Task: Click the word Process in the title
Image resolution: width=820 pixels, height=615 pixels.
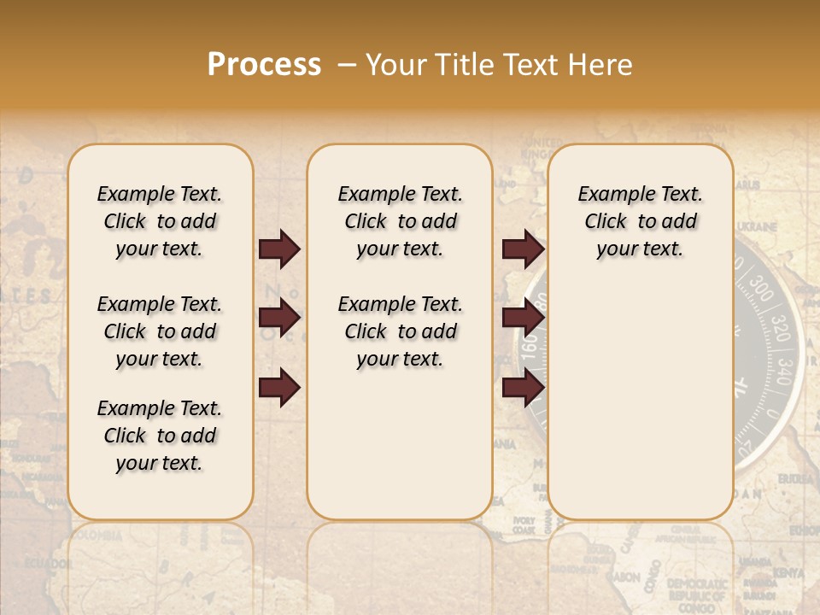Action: click(x=264, y=65)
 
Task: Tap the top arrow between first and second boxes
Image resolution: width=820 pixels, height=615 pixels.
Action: click(x=279, y=249)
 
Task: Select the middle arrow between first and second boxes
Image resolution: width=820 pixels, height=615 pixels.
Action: click(x=279, y=319)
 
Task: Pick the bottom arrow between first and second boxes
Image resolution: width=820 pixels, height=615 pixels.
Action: click(x=279, y=389)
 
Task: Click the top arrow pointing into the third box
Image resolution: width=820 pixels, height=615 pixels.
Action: click(x=523, y=249)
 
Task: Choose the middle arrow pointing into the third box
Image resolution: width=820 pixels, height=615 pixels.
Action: click(x=523, y=319)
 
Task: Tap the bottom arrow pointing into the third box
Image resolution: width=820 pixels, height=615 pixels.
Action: click(x=523, y=389)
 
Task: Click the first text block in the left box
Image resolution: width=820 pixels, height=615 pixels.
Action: click(x=160, y=221)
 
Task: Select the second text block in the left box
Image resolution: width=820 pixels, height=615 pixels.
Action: click(x=160, y=331)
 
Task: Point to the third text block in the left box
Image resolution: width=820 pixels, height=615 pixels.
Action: click(x=160, y=436)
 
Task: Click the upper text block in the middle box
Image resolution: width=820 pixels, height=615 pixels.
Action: click(x=400, y=221)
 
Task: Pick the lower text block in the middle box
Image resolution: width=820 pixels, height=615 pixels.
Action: click(x=400, y=331)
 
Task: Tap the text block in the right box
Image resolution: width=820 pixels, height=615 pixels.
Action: click(x=640, y=221)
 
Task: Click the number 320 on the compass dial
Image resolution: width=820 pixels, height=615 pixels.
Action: click(x=779, y=326)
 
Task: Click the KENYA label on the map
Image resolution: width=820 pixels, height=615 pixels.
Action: click(x=789, y=571)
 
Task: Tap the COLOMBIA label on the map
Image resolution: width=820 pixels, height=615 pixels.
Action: click(x=95, y=535)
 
